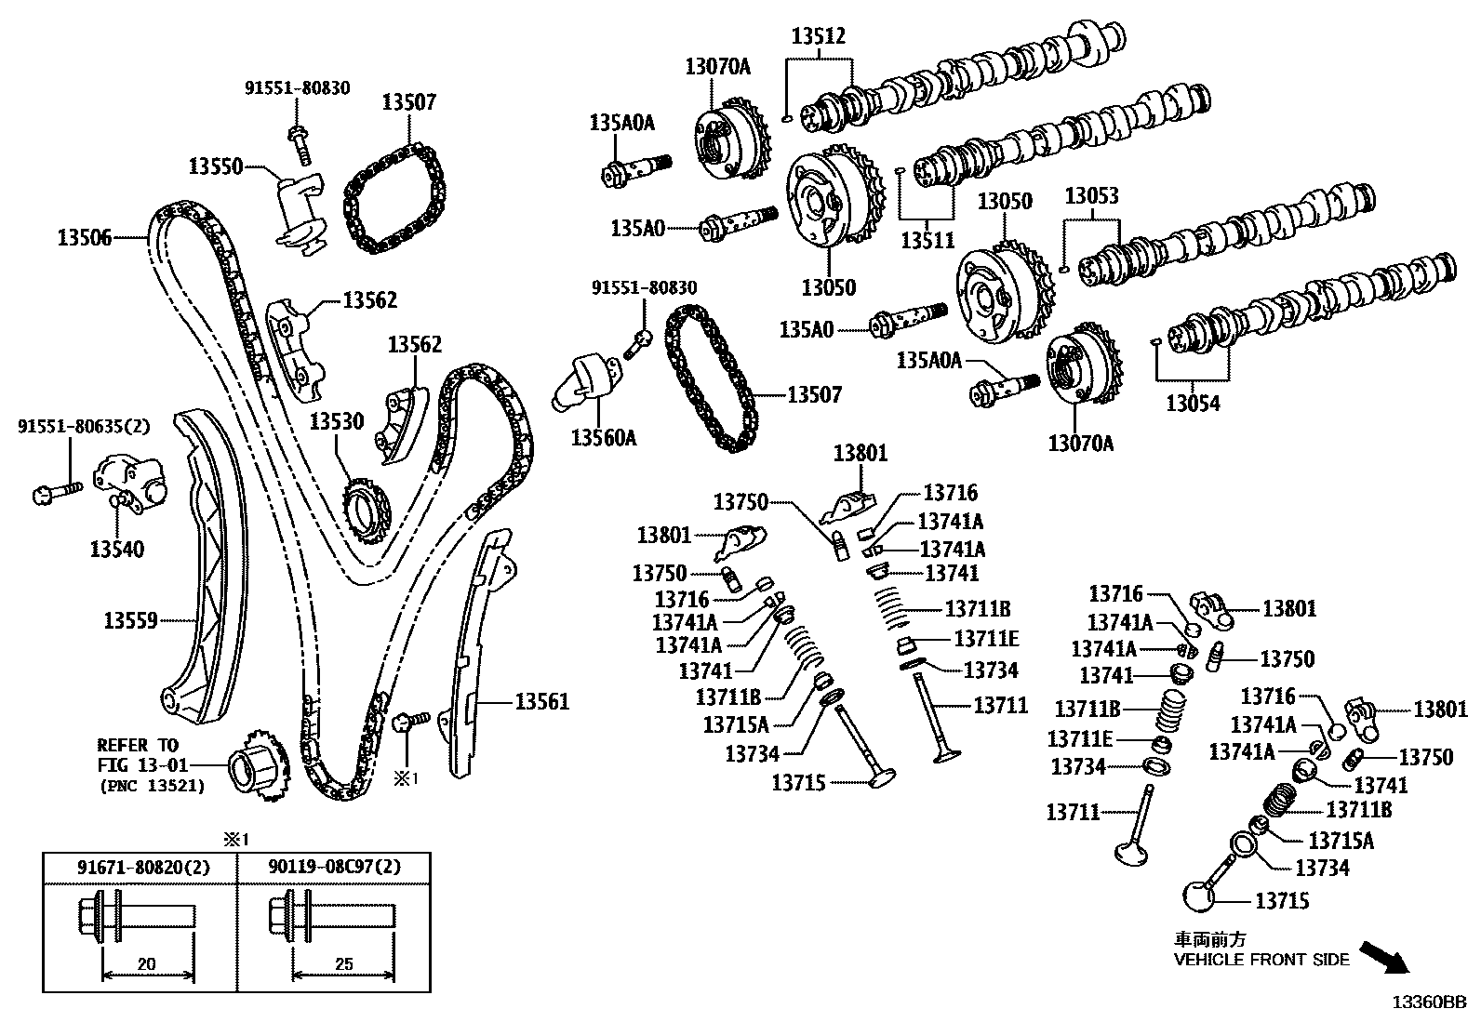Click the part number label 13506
click(84, 238)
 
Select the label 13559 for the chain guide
click(130, 619)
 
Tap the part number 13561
click(542, 702)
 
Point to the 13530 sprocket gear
click(366, 511)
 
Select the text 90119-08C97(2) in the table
click(336, 868)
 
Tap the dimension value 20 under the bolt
click(146, 964)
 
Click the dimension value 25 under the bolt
click(343, 964)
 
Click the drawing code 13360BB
click(1429, 1002)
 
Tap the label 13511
click(927, 241)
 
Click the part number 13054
click(1194, 403)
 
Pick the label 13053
click(1091, 196)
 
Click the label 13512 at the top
click(819, 37)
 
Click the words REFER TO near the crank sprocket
click(138, 745)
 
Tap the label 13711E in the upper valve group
click(986, 638)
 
